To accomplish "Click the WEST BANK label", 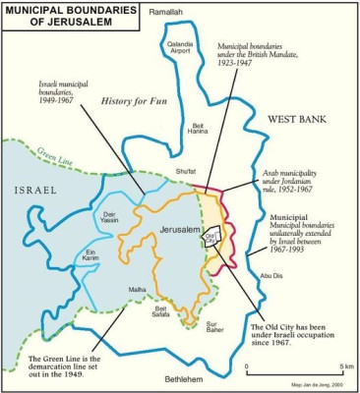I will [x=297, y=119].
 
